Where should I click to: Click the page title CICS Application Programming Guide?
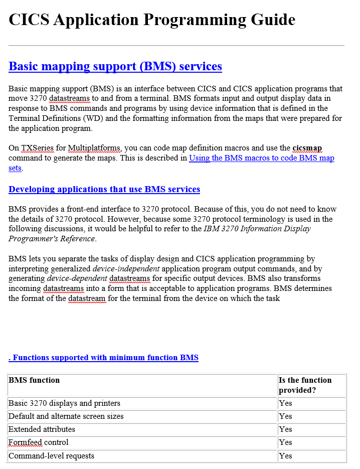click(152, 20)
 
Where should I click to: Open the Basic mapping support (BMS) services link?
click(115, 66)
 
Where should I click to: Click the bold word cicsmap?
click(307, 148)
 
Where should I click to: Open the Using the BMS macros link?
click(261, 158)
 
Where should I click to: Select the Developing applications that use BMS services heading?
click(104, 189)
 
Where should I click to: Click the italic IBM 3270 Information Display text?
click(257, 229)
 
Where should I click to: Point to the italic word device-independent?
click(131, 268)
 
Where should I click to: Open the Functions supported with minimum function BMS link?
click(104, 358)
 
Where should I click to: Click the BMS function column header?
click(34, 380)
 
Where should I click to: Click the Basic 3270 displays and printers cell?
click(64, 403)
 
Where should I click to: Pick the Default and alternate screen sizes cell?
click(66, 416)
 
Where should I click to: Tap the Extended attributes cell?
click(42, 429)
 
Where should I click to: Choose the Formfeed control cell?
click(39, 442)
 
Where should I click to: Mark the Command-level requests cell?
click(51, 456)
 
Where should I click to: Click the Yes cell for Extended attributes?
click(286, 429)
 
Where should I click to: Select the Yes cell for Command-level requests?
click(286, 456)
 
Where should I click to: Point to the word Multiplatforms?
click(94, 148)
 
